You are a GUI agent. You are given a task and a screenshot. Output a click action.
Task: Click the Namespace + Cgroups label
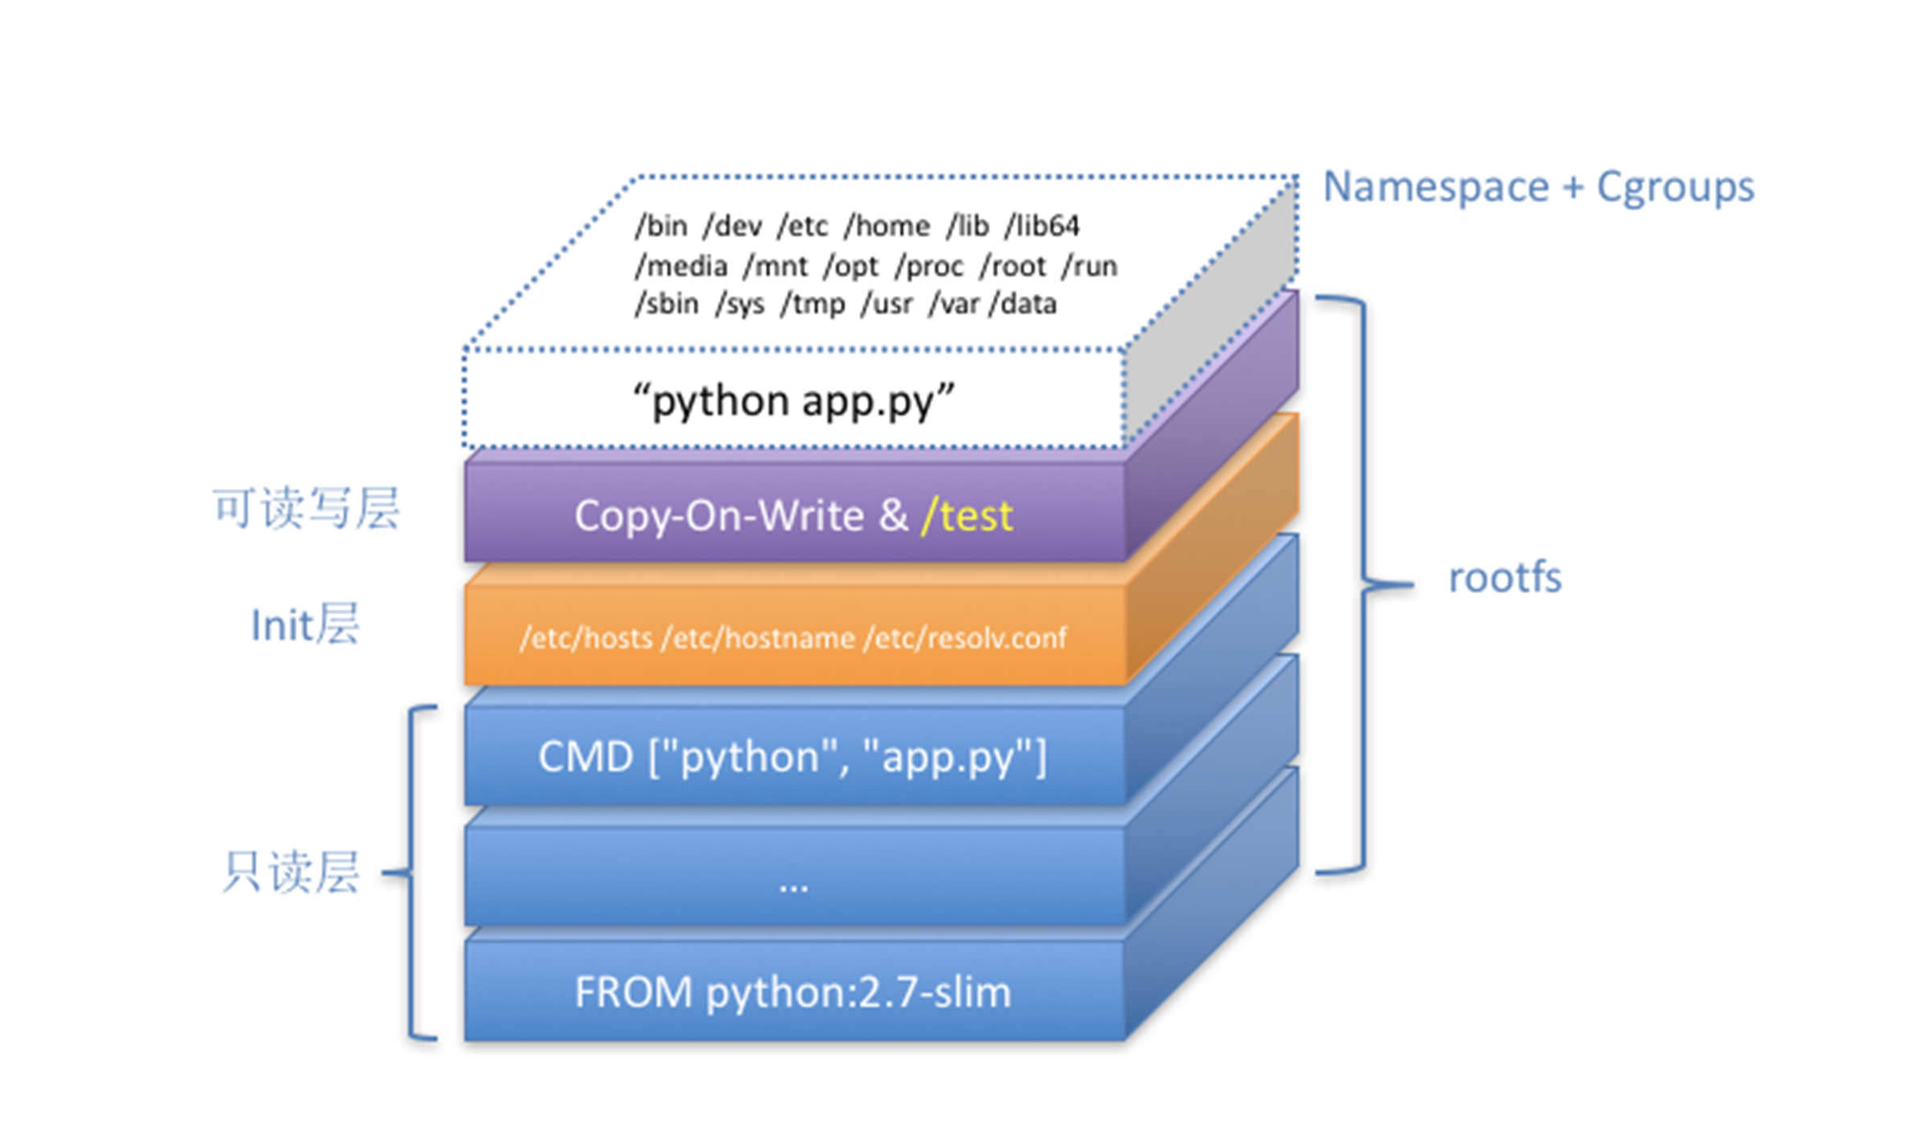[1538, 187]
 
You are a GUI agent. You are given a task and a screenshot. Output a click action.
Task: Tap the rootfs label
[1504, 578]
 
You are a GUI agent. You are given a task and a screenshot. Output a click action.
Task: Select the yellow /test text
[967, 515]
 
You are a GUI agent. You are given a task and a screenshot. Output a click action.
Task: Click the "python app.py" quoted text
[793, 400]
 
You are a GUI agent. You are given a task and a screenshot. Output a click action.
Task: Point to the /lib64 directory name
[1042, 226]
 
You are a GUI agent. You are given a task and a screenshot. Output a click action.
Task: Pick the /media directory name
[681, 266]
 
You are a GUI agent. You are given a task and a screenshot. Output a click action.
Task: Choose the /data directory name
[1024, 304]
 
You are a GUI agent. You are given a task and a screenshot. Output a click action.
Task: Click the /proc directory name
[930, 266]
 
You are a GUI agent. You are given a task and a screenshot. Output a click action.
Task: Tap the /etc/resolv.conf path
[965, 638]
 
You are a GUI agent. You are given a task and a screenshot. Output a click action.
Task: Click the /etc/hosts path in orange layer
[586, 638]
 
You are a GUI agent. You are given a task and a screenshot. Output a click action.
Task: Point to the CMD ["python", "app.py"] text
[792, 757]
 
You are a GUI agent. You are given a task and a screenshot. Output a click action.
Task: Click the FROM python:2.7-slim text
[792, 992]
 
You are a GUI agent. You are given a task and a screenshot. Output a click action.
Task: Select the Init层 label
[305, 625]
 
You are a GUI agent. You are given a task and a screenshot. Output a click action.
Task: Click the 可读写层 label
[305, 509]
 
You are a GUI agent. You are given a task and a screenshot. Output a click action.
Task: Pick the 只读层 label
[291, 872]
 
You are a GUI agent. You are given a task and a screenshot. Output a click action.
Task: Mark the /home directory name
[886, 226]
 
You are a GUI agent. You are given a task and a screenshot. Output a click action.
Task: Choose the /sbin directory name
[667, 304]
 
